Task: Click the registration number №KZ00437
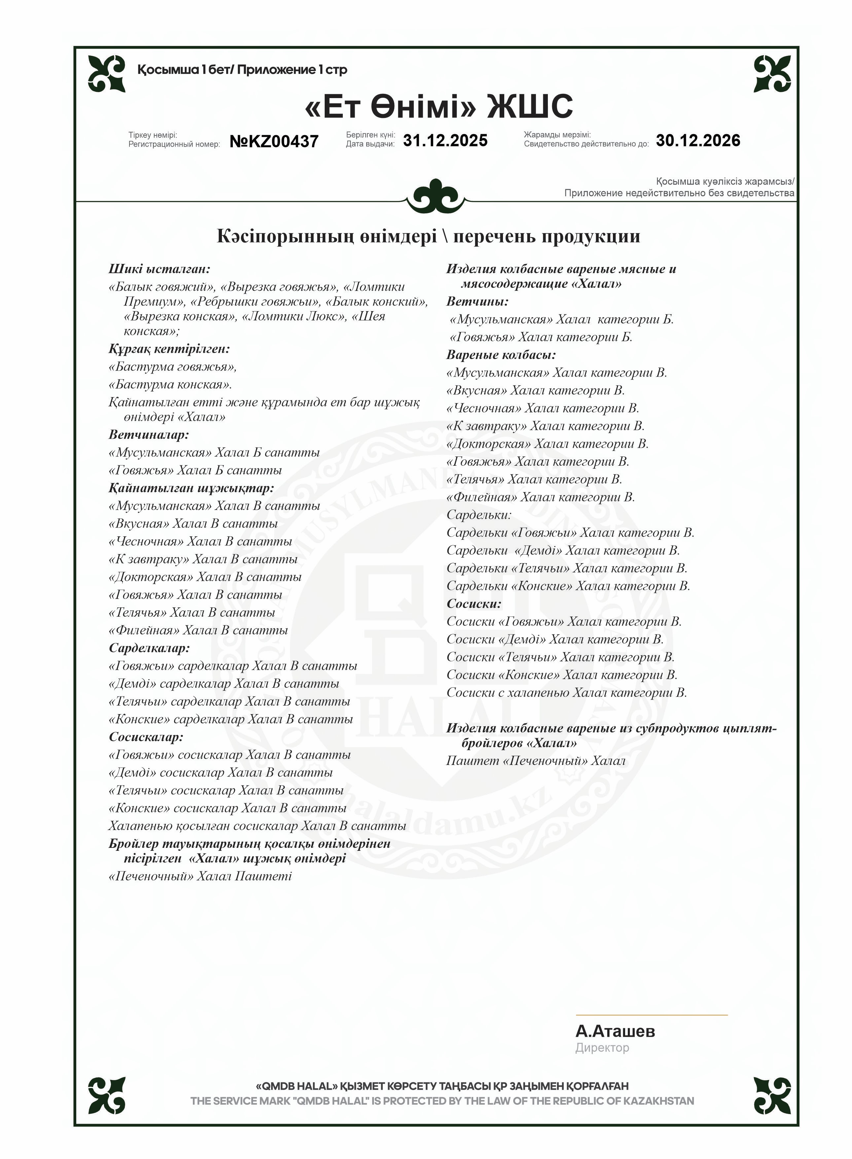(274, 142)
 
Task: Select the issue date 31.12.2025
(445, 140)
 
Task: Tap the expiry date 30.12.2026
(698, 140)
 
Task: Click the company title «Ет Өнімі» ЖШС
(439, 107)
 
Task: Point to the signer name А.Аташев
(615, 1031)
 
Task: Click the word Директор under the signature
(602, 1048)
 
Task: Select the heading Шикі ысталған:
(160, 269)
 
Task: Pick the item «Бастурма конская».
(170, 384)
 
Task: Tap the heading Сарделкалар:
(149, 648)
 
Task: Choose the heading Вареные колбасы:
(501, 355)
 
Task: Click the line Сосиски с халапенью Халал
(566, 693)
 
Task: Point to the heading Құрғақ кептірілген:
(169, 349)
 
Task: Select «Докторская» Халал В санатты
(205, 577)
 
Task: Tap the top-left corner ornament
(107, 74)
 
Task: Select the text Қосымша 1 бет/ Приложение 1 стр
(242, 70)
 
